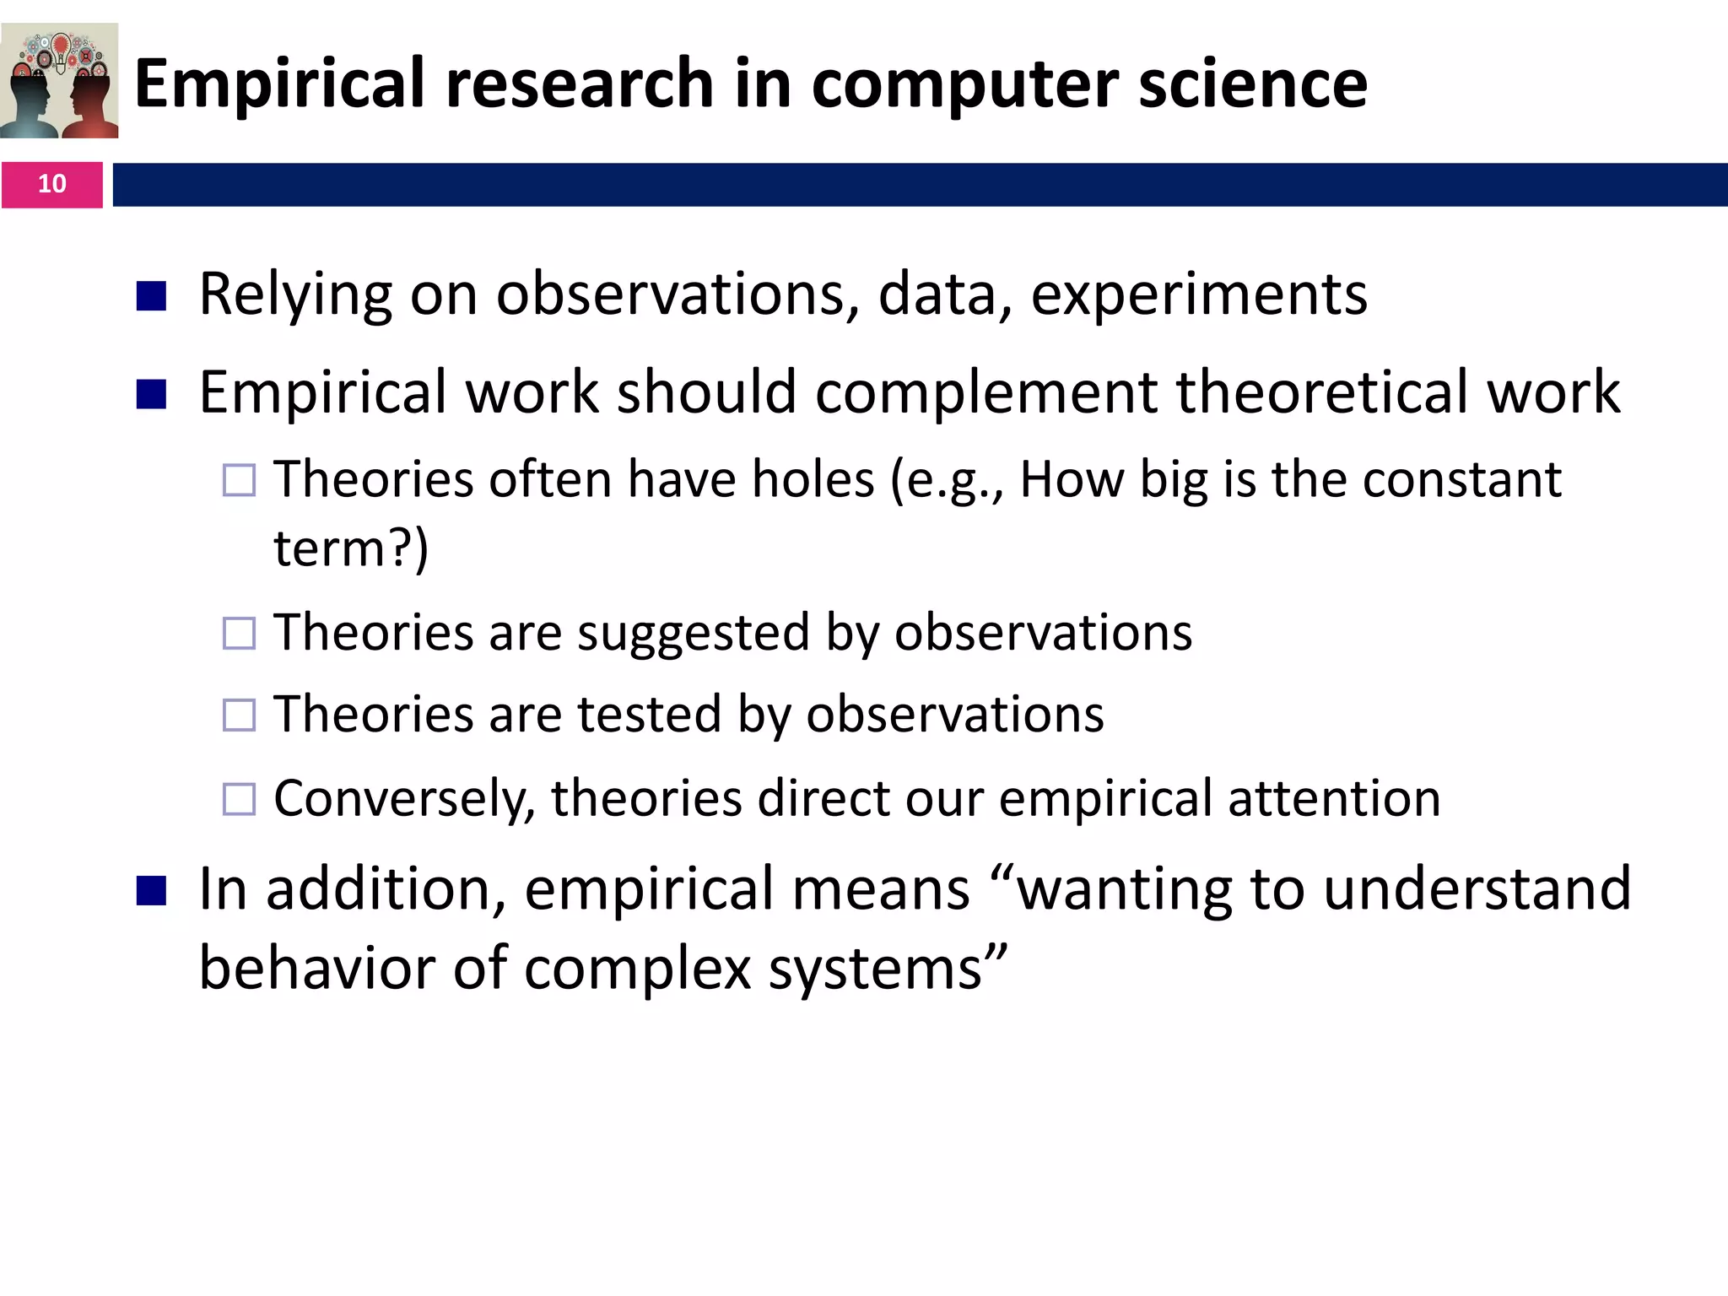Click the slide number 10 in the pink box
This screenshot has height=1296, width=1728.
pyautogui.click(x=51, y=184)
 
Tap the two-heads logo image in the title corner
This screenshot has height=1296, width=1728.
pyautogui.click(x=59, y=81)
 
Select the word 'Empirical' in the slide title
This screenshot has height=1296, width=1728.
pyautogui.click(x=279, y=84)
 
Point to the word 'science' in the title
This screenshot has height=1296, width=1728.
pyautogui.click(x=1252, y=84)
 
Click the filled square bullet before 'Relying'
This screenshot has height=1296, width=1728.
pyautogui.click(x=151, y=296)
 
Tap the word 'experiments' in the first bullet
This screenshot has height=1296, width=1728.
pyautogui.click(x=1198, y=295)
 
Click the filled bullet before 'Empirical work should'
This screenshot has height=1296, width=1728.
pyautogui.click(x=151, y=394)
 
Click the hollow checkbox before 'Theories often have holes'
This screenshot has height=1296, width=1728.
pyautogui.click(x=239, y=480)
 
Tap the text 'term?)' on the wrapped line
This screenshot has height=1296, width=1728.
pyautogui.click(x=351, y=548)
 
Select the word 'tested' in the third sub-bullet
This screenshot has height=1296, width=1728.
pyautogui.click(x=649, y=715)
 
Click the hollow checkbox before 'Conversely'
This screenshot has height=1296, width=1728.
pyautogui.click(x=239, y=799)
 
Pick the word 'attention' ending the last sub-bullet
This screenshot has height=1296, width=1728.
pyautogui.click(x=1334, y=798)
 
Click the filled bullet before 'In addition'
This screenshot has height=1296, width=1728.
pyautogui.click(x=151, y=890)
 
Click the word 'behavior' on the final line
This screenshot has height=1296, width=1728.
pyautogui.click(x=317, y=968)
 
